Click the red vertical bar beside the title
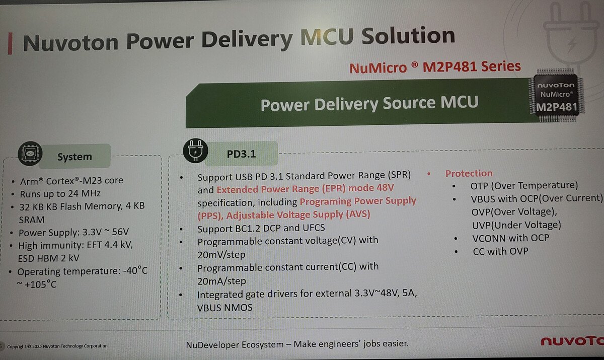(10, 44)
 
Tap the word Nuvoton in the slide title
(70, 42)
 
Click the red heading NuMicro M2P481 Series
(435, 67)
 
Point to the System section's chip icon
(30, 154)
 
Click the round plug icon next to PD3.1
(195, 151)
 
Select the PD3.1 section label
(241, 154)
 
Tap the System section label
(74, 157)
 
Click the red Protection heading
(469, 173)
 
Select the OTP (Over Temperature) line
(524, 186)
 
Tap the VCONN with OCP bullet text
(510, 238)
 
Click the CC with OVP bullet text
(500, 251)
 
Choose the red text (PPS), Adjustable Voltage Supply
(284, 215)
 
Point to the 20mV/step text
(221, 255)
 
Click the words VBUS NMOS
(224, 308)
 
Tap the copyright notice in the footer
(57, 346)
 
